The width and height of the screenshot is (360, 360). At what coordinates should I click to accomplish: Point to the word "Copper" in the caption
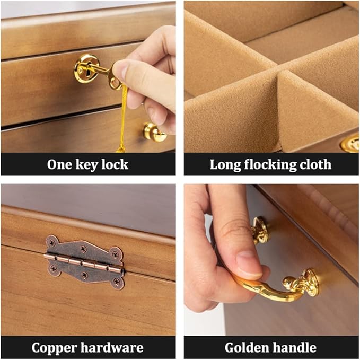point(55,348)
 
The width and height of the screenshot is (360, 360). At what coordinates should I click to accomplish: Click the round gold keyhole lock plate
point(85,67)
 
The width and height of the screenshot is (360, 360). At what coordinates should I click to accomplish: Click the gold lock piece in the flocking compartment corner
point(350,143)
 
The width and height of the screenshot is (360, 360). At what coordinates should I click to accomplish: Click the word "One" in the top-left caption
point(59,164)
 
